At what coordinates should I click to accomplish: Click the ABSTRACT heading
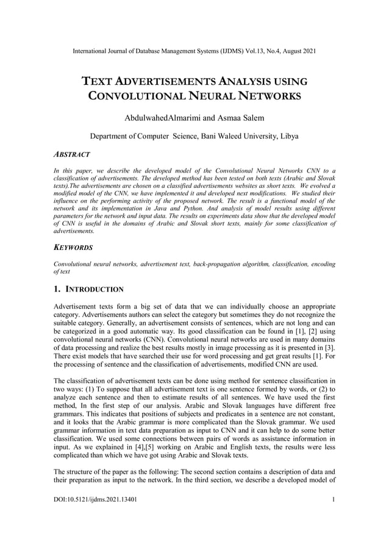tap(72, 155)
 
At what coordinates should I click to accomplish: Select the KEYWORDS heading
tap(73, 248)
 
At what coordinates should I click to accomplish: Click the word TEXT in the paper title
tap(98, 81)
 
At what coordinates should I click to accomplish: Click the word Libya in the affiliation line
tap(288, 136)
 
